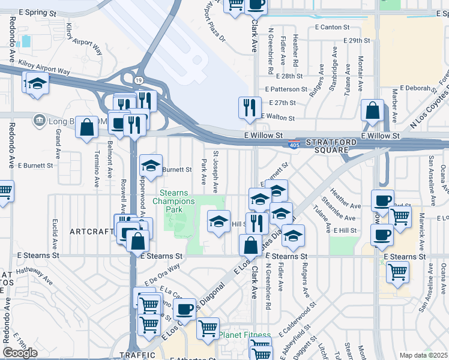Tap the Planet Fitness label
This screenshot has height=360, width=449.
coord(244,335)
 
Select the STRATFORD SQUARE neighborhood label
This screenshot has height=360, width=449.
coord(327,146)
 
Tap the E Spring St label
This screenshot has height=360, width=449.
coord(41,12)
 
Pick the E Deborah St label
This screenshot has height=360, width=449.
coord(414,88)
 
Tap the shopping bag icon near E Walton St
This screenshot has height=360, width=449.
coord(373,110)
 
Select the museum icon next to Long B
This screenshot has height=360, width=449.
coord(40,120)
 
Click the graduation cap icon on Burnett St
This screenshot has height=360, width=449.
coord(151,167)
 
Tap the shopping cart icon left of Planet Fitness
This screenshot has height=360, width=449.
coord(208,328)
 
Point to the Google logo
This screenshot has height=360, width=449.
coord(20,352)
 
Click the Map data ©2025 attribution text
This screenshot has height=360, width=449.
coord(423,355)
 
